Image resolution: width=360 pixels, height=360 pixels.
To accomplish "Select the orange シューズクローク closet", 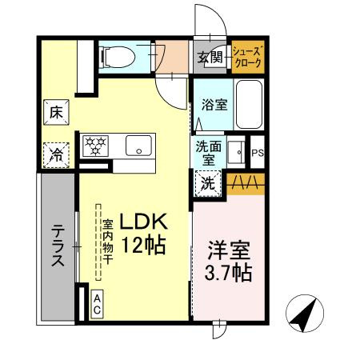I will coord(246,58).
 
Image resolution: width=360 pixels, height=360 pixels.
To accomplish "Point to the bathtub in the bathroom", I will coord(249,106).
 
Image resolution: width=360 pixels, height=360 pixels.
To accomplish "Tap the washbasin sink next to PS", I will coord(236,151).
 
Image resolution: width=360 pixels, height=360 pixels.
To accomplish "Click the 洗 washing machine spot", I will coord(206,183).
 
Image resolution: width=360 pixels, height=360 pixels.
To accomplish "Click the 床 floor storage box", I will coord(57,113).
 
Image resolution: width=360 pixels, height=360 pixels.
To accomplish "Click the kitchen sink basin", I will coord(138,147).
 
